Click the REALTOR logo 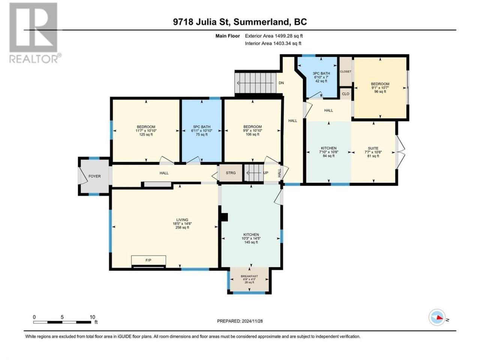point(34,33)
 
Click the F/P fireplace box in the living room point(148,260)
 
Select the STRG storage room point(231,172)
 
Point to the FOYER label point(94,176)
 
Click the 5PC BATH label point(202,127)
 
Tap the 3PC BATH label point(321,73)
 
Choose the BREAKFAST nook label point(249,276)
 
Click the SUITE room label point(373,148)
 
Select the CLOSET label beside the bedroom point(345,72)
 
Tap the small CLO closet point(345,94)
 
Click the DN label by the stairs point(281,83)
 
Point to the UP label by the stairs point(265,172)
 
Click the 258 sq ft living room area point(182,228)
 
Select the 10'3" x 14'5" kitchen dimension point(251,238)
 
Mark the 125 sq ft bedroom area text point(146,134)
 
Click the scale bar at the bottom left point(62,322)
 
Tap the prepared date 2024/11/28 point(252,321)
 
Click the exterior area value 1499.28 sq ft point(289,36)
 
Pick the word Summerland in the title point(262,22)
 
